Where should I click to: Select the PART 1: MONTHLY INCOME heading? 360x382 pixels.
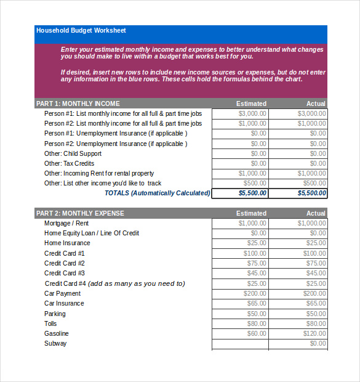click(78, 104)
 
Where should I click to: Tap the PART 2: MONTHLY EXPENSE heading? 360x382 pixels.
click(80, 213)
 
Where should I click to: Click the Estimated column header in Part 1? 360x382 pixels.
click(251, 104)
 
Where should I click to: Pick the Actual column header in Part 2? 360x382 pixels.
click(316, 213)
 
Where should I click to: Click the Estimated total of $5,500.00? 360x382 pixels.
click(252, 193)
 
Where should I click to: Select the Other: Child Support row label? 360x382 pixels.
click(73, 153)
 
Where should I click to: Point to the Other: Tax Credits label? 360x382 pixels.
click(69, 163)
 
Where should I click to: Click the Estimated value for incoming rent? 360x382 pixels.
click(252, 173)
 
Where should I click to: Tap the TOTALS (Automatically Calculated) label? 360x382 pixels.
click(157, 193)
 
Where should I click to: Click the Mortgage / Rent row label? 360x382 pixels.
click(66, 223)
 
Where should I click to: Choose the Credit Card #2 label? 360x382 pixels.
click(65, 263)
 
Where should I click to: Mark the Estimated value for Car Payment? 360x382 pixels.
click(255, 293)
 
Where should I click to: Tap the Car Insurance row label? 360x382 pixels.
click(65, 303)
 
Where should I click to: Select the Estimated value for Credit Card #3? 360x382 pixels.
click(257, 273)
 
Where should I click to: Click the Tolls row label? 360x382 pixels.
click(50, 323)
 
